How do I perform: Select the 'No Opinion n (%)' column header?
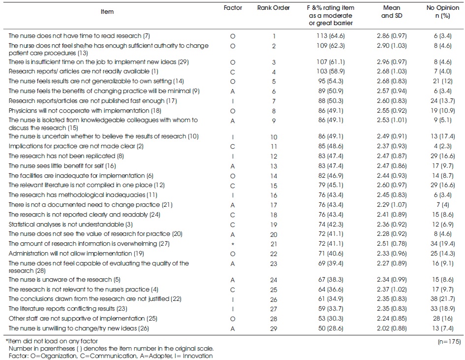(443, 12)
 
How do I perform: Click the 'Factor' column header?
(233, 8)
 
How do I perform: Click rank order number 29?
(274, 327)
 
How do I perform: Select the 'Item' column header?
(106, 12)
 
